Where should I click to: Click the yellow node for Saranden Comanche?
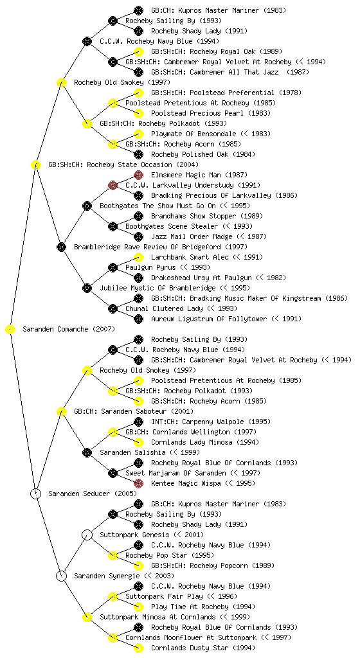click(10, 330)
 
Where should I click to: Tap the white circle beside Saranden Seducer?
click(35, 494)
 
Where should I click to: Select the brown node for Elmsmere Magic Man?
click(138, 175)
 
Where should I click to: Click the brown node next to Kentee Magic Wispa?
click(138, 483)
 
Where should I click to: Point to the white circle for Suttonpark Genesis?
click(87, 535)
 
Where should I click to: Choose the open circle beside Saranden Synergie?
click(61, 576)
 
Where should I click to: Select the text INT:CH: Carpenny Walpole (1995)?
click(211, 422)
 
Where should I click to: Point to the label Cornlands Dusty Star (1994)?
click(203, 648)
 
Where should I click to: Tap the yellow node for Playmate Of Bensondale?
click(138, 134)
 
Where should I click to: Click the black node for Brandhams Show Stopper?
click(138, 216)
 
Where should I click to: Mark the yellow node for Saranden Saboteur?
click(61, 412)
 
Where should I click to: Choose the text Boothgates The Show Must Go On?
click(157, 206)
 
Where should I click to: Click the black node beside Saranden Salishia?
click(87, 453)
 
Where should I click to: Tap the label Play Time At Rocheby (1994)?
click(203, 607)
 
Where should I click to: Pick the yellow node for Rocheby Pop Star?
click(113, 556)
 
